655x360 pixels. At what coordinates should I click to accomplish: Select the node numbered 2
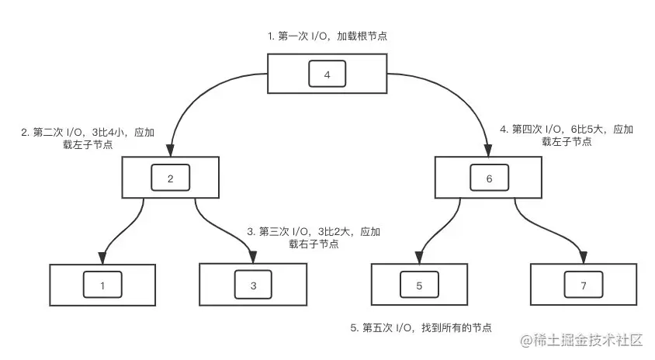(171, 178)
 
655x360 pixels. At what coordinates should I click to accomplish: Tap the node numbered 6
(489, 178)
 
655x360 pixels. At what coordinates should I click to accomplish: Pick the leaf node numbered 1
(102, 286)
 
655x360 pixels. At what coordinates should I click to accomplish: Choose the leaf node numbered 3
(253, 286)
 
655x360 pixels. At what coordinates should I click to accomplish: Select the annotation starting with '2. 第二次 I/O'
(87, 137)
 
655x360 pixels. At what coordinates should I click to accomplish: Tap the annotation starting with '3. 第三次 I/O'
(314, 237)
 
